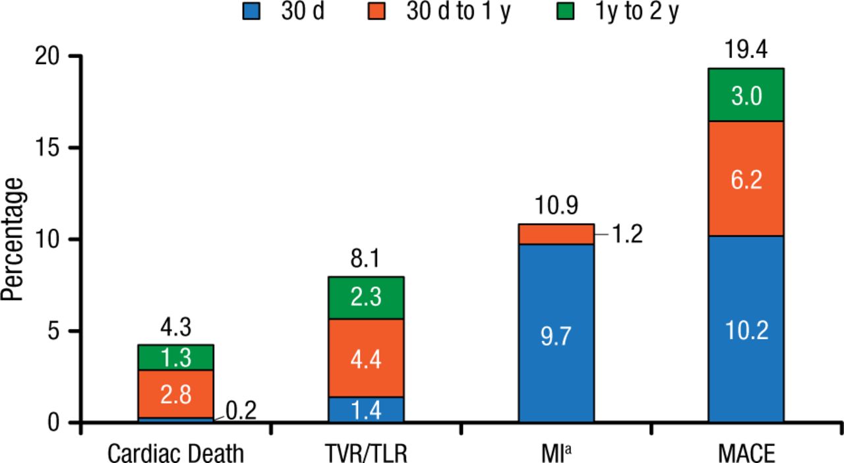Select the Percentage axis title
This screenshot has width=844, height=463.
coord(15,239)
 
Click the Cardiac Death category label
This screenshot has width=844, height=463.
coord(175,454)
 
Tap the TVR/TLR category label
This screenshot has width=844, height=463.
coord(365,454)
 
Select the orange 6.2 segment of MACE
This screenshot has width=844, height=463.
coord(746,178)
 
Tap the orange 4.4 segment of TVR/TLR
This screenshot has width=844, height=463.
coord(366,357)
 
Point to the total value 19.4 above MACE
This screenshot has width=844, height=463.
coord(746,50)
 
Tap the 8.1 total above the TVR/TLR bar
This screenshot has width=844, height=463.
coord(366,259)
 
